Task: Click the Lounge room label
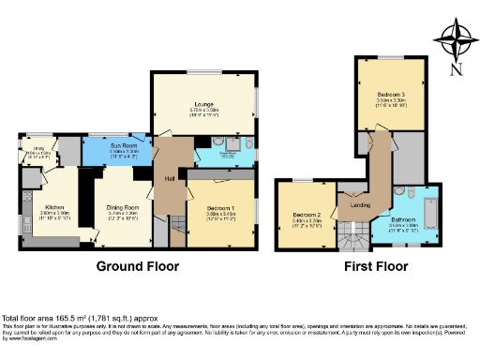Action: pos(203,103)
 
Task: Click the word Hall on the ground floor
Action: pos(170,177)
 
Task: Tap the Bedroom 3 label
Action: pos(391,95)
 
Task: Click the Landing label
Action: pos(359,205)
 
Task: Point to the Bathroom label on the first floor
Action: pos(404,221)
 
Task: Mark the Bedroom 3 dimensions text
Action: pos(391,102)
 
